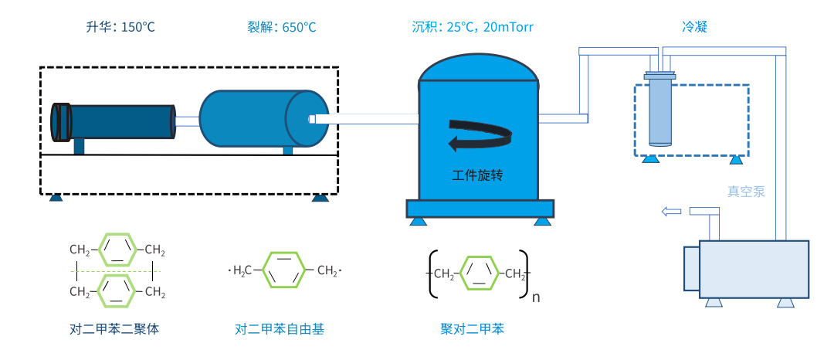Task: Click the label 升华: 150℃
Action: pos(120,27)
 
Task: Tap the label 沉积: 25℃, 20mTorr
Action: pos(473,27)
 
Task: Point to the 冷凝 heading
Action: pos(694,27)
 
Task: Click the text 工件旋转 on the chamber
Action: pos(477,175)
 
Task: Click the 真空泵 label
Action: pos(746,192)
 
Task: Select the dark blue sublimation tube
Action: pos(116,122)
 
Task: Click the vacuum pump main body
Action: pos(753,268)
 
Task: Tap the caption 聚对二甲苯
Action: pos(472,329)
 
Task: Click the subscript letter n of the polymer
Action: pos(536,297)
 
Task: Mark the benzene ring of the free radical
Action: pos(286,270)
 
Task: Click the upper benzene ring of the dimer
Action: pos(118,250)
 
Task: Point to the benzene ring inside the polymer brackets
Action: pos(480,273)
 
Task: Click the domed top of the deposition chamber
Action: pos(477,70)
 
